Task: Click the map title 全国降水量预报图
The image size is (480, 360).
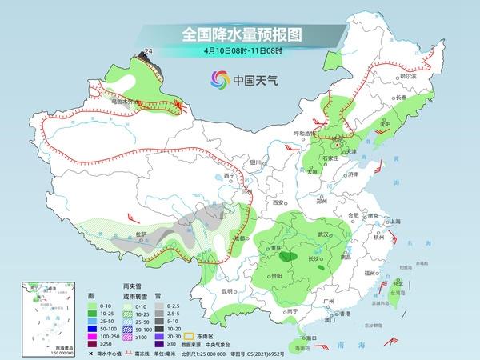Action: [x=231, y=34]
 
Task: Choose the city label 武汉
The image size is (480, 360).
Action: [x=324, y=234]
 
